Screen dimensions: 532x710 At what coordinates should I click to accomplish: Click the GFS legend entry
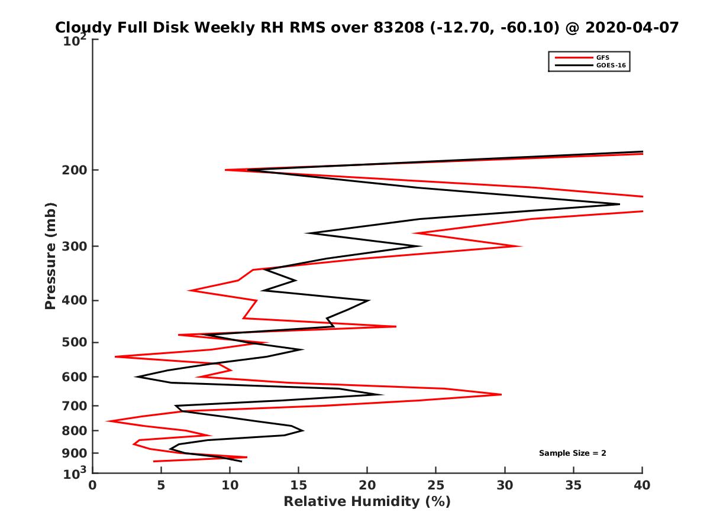(603, 57)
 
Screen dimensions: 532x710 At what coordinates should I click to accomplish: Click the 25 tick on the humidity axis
(436, 485)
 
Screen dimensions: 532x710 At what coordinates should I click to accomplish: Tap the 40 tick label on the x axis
(642, 485)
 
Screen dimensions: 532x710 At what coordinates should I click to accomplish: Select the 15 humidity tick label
(299, 485)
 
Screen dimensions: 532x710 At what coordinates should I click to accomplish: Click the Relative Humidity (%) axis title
(367, 502)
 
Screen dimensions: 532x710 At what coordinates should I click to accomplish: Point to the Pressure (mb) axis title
(50, 255)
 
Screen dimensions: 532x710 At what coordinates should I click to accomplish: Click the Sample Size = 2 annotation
(572, 453)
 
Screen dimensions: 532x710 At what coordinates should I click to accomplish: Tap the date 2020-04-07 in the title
(631, 28)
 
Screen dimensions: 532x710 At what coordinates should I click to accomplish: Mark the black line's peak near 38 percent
(619, 205)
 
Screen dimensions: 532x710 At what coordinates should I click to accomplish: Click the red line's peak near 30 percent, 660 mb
(501, 394)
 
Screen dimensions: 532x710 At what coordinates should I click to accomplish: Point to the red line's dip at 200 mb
(225, 170)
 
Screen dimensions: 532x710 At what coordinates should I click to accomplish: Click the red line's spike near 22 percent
(396, 326)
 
